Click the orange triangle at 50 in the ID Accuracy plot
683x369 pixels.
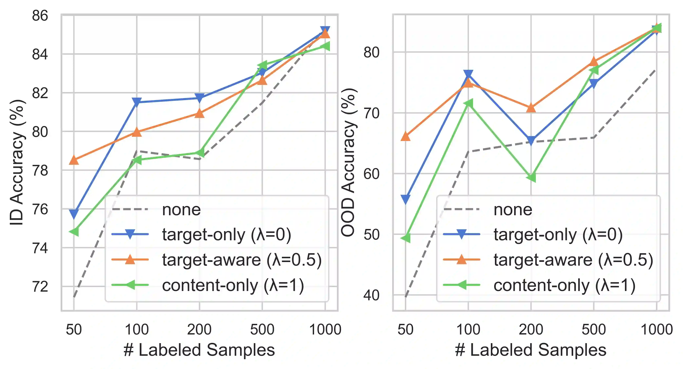[x=74, y=160]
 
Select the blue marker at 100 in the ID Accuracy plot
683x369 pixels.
[x=137, y=102]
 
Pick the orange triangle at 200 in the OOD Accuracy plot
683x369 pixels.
[x=531, y=108]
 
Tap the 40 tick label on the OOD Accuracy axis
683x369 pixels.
[x=371, y=295]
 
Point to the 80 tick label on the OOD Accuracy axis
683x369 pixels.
[x=371, y=52]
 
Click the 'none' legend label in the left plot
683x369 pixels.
[x=181, y=210]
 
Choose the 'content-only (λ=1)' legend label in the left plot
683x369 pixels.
[x=233, y=285]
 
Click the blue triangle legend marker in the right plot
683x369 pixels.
[x=461, y=234]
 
